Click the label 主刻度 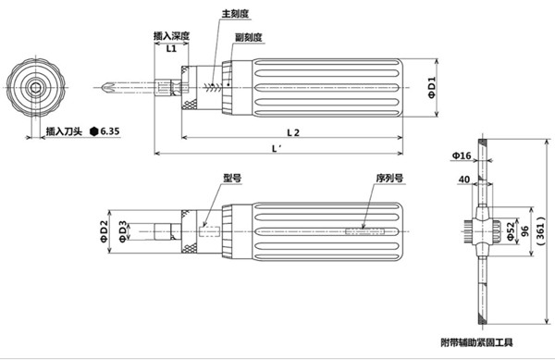(x=235, y=17)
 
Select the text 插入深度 (x=171, y=36)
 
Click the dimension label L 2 (x=293, y=132)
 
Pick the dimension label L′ (x=276, y=148)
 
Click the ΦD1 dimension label (x=432, y=89)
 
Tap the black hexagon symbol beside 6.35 (x=94, y=131)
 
